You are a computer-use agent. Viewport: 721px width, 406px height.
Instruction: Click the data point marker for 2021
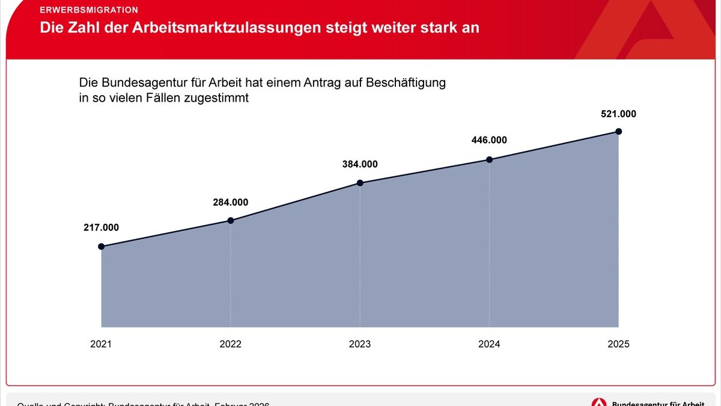(x=101, y=247)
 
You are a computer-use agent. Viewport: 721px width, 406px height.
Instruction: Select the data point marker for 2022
(x=230, y=221)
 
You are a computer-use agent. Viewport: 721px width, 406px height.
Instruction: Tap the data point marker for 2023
(x=360, y=183)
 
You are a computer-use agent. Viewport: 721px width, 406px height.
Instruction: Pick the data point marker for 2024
(x=489, y=159)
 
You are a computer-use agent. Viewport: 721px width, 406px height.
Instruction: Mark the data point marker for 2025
(x=618, y=131)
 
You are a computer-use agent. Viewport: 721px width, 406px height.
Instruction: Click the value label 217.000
(x=101, y=227)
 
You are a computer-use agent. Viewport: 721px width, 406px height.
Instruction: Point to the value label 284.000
(x=230, y=202)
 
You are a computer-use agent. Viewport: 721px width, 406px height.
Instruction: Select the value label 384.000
(x=360, y=164)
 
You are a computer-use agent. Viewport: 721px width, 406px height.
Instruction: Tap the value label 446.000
(x=489, y=140)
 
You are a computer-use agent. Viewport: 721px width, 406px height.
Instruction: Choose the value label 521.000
(x=618, y=113)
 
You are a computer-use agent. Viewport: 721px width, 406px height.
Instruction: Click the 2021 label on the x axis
(x=101, y=344)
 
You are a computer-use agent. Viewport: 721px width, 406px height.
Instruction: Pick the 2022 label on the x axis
(x=230, y=344)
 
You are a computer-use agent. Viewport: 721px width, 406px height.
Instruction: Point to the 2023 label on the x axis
(x=360, y=344)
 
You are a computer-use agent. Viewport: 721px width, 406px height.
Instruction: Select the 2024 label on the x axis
(x=489, y=344)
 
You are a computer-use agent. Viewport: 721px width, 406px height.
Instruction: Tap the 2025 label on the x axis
(x=618, y=344)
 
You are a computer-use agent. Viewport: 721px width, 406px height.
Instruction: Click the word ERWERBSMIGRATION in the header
(x=89, y=10)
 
